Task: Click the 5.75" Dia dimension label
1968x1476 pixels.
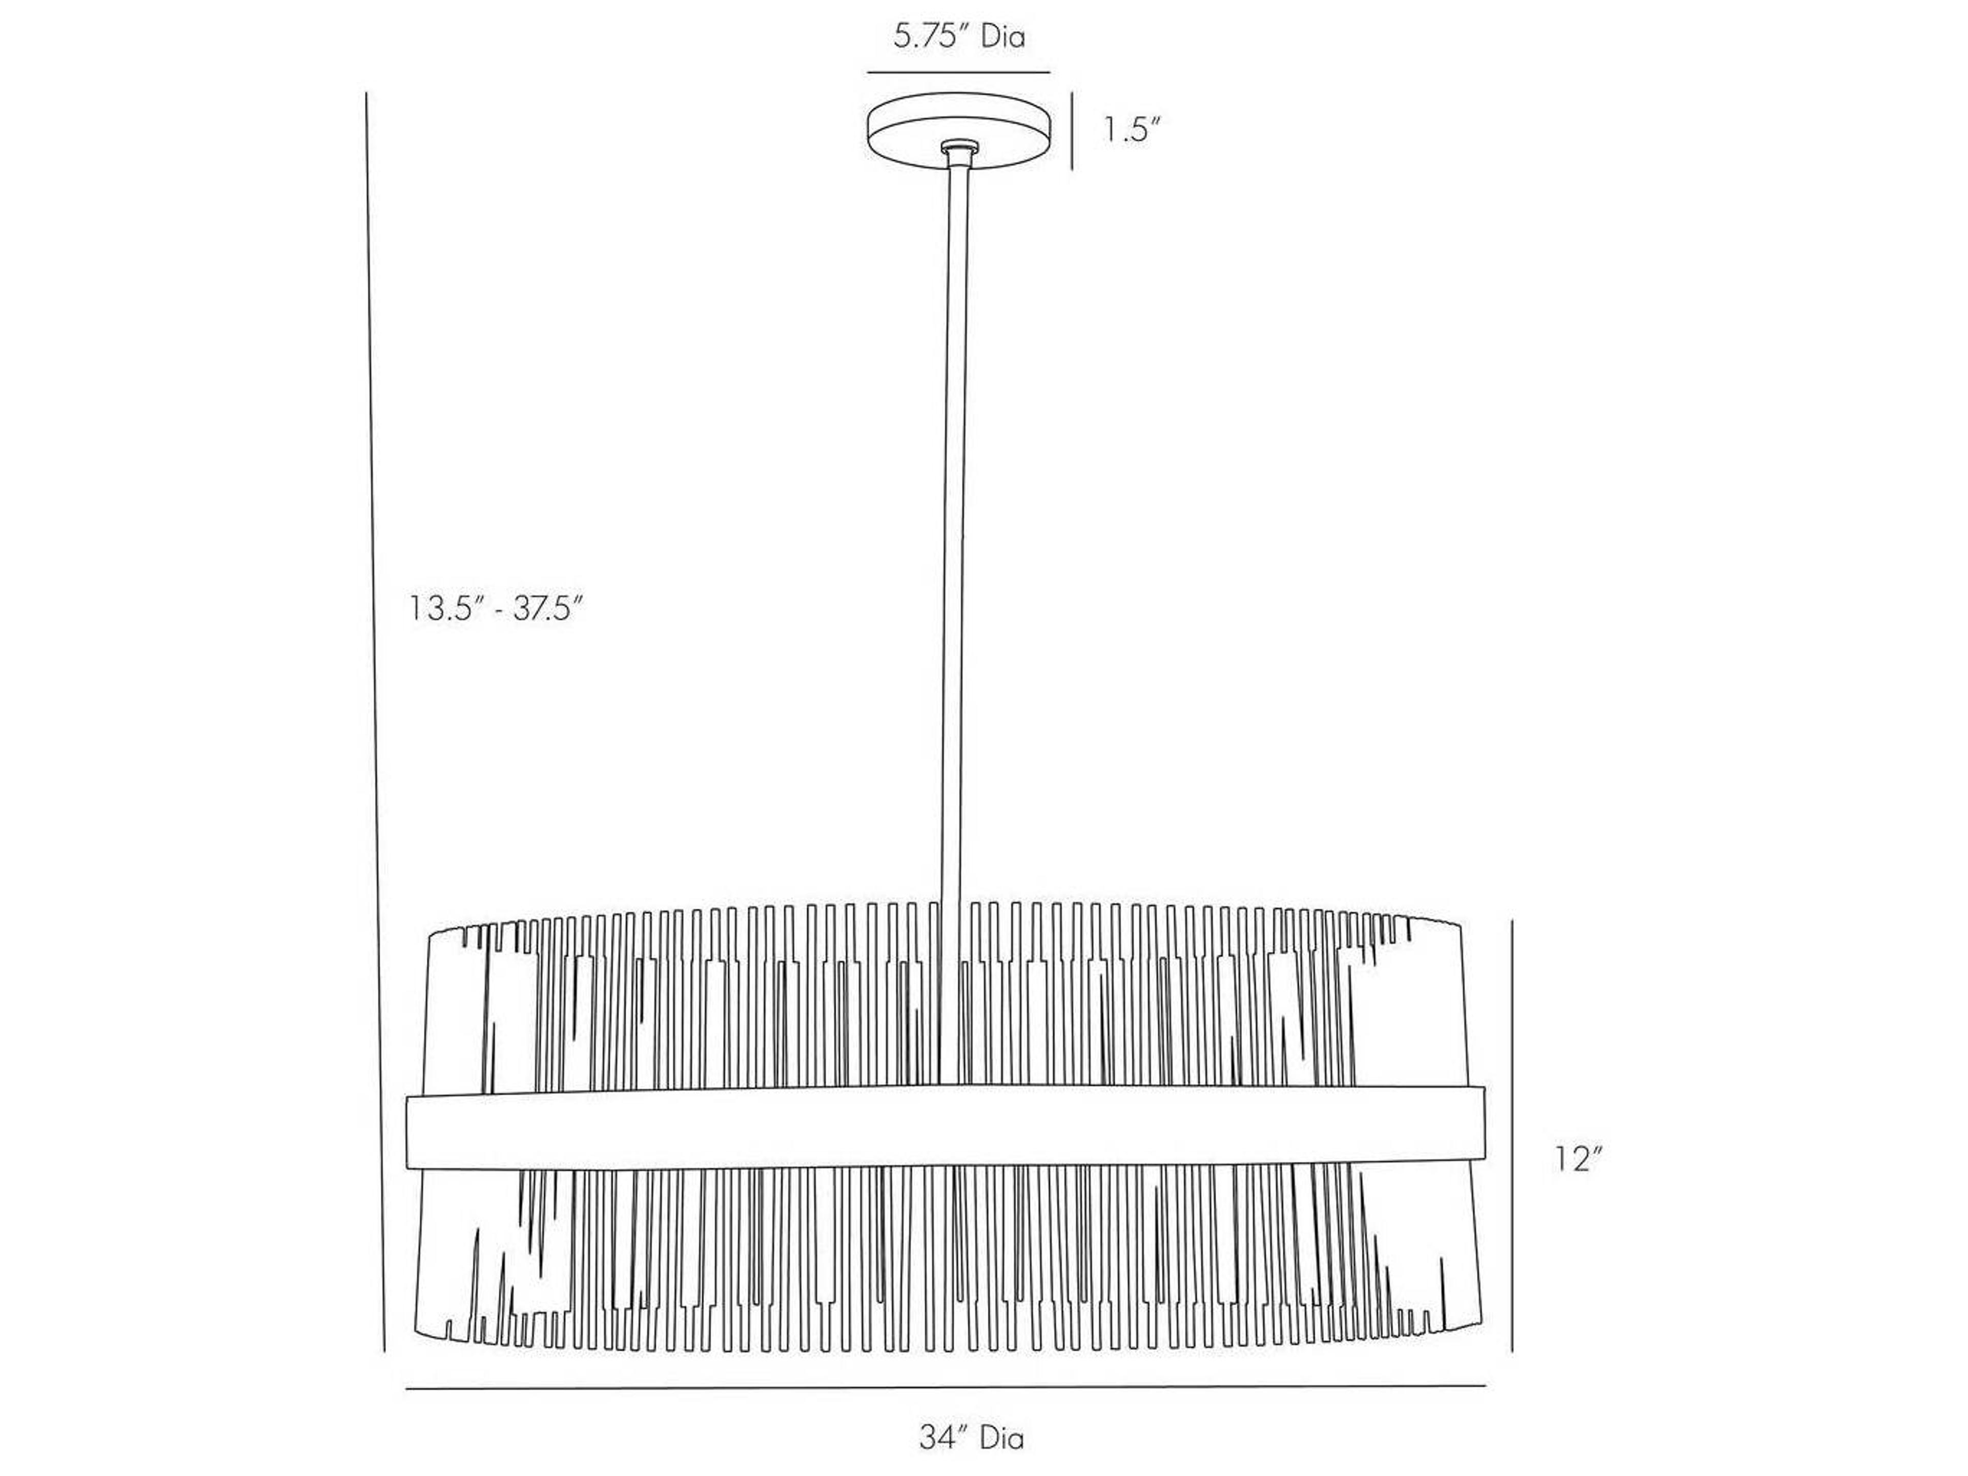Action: click(x=959, y=37)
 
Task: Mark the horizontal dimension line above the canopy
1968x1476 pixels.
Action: click(x=959, y=72)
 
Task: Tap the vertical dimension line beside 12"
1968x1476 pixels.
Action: click(x=1512, y=1149)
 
